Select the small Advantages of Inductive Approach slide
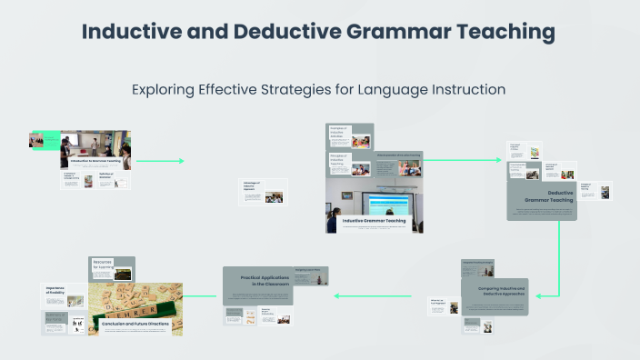(x=263, y=191)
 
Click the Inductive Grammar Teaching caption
(x=374, y=221)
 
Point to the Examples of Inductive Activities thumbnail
(x=350, y=136)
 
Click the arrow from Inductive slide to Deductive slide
(x=464, y=161)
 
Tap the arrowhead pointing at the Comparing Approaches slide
(x=539, y=295)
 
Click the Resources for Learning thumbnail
(x=112, y=266)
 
